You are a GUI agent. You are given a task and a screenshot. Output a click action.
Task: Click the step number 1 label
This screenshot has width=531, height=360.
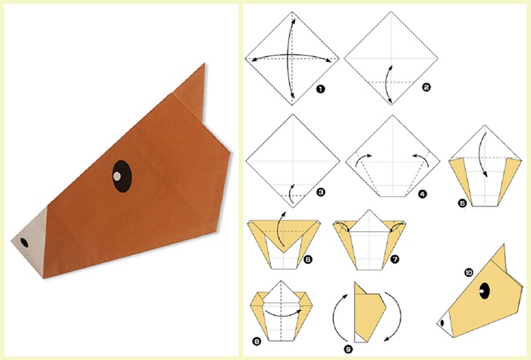pyautogui.click(x=320, y=89)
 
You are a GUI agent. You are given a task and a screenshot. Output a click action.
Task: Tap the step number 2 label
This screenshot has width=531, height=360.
pyautogui.click(x=426, y=87)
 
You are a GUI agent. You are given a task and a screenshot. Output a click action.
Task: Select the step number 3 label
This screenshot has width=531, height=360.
pyautogui.click(x=320, y=193)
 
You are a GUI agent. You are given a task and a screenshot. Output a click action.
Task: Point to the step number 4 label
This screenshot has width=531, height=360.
pyautogui.click(x=423, y=194)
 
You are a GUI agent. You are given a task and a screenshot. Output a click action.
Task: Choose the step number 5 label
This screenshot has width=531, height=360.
pyautogui.click(x=462, y=203)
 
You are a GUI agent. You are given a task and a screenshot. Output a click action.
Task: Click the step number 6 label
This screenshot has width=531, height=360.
pyautogui.click(x=308, y=259)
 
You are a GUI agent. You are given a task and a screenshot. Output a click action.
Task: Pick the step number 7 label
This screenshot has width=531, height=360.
pyautogui.click(x=395, y=259)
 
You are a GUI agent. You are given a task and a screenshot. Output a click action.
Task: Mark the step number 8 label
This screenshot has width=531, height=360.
pyautogui.click(x=256, y=341)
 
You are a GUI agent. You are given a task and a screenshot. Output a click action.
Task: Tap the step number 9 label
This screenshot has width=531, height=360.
pyautogui.click(x=347, y=349)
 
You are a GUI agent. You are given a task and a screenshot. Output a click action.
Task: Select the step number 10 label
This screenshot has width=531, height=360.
pyautogui.click(x=469, y=272)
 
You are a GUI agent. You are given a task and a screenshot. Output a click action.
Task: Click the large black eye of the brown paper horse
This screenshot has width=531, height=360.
pyautogui.click(x=122, y=177)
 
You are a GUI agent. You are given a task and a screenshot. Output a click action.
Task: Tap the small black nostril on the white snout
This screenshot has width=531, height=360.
pyautogui.click(x=24, y=243)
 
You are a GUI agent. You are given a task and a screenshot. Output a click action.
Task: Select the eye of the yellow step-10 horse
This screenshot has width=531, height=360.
pyautogui.click(x=485, y=290)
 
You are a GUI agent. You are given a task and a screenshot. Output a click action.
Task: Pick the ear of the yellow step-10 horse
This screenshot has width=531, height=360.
pyautogui.click(x=499, y=260)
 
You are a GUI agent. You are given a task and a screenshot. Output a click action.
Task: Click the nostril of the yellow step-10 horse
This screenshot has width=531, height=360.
pyautogui.click(x=442, y=323)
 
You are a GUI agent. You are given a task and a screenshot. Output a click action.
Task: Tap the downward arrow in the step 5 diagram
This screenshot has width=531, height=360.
pyautogui.click(x=484, y=155)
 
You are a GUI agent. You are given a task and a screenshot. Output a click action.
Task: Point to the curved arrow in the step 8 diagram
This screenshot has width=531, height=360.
pyautogui.click(x=283, y=313)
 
